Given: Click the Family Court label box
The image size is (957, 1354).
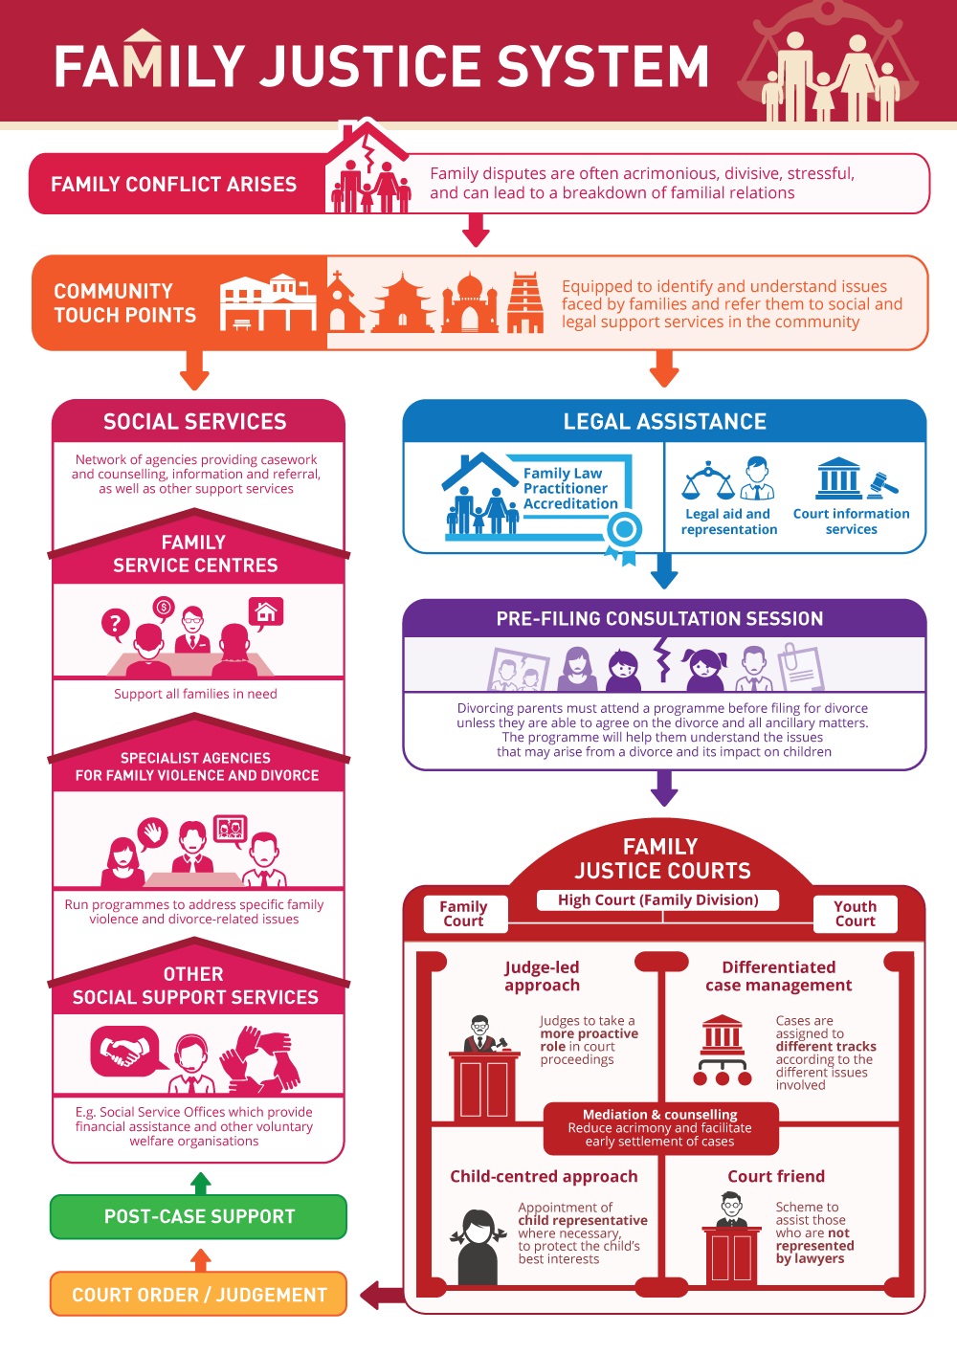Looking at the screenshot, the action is click(x=464, y=913).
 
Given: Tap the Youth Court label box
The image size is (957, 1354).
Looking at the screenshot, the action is click(x=855, y=913).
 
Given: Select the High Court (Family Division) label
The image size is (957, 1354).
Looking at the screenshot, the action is click(x=657, y=900).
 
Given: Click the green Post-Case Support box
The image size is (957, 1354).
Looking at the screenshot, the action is click(x=198, y=1216).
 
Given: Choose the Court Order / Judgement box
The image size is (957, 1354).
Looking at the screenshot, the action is click(x=198, y=1294).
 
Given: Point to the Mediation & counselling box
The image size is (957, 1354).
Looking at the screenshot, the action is click(x=660, y=1128).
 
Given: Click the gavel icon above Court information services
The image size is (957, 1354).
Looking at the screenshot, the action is click(x=883, y=485).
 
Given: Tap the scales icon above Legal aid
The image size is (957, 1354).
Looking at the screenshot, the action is click(x=708, y=480).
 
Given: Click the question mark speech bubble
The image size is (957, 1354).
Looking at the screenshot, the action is click(x=116, y=624).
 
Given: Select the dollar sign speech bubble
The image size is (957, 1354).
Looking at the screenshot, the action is click(x=164, y=608).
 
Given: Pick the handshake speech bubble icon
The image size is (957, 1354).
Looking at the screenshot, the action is click(x=125, y=1052).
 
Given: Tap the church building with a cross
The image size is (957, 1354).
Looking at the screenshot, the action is click(x=345, y=302).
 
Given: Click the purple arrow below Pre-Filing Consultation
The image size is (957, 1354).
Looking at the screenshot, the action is click(x=664, y=788).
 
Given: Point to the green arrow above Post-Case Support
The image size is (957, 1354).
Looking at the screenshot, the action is click(x=201, y=1183).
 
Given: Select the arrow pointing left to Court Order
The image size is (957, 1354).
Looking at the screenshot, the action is click(x=382, y=1296).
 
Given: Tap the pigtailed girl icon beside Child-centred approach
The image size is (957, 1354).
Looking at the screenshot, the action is click(x=478, y=1246).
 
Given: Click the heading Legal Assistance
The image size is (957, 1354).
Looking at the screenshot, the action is click(x=664, y=421).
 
